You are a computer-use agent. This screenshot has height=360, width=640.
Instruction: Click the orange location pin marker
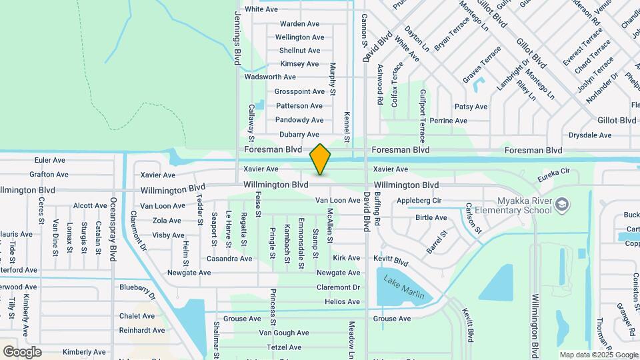point(320,159)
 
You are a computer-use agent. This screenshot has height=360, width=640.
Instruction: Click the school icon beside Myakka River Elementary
point(563,203)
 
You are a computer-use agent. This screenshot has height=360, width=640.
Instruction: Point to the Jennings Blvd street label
point(237,37)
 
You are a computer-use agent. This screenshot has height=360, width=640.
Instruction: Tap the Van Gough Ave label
point(284,333)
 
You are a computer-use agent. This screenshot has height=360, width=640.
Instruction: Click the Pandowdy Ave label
point(299,120)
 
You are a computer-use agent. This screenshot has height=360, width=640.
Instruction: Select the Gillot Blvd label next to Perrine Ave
point(617,121)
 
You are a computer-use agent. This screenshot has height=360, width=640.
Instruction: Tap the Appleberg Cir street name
point(419,200)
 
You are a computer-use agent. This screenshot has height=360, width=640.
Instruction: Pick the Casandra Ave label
point(229,259)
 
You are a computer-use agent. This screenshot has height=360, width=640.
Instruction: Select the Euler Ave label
point(50,161)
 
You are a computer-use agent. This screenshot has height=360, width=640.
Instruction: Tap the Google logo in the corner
point(22,352)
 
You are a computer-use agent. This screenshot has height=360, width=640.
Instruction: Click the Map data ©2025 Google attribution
point(598,355)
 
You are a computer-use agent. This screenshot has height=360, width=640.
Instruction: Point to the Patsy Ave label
point(471,107)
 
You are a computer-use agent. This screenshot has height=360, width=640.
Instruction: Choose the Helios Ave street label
point(342,302)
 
